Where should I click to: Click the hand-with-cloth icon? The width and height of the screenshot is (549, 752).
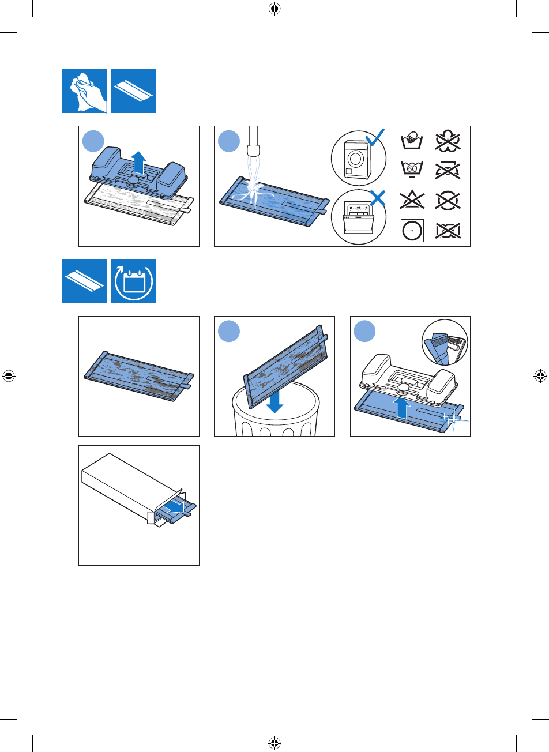(x=84, y=91)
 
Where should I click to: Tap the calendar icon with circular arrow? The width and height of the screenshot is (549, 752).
(x=133, y=281)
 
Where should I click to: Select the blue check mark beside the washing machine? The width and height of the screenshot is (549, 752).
(x=375, y=137)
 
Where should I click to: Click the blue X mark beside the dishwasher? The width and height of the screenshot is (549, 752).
(x=378, y=198)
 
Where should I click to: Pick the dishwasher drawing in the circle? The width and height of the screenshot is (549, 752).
(x=358, y=219)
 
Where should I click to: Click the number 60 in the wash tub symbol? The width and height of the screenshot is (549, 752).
(x=412, y=168)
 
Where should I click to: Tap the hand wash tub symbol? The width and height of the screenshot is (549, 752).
(x=412, y=140)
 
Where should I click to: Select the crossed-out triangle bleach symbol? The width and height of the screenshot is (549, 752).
(x=412, y=201)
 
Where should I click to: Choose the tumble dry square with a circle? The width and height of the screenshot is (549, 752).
(x=412, y=231)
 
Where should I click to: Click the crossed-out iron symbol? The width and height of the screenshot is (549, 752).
(x=448, y=170)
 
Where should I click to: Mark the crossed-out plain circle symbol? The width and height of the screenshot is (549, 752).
(x=448, y=201)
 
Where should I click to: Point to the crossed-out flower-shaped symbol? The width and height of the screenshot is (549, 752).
(x=448, y=141)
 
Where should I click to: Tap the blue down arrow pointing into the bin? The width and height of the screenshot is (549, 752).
(x=274, y=401)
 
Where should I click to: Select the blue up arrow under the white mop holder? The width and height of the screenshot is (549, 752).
(x=403, y=408)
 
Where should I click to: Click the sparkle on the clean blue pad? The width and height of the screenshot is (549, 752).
(x=453, y=419)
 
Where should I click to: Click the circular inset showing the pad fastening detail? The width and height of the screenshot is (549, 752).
(x=445, y=342)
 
